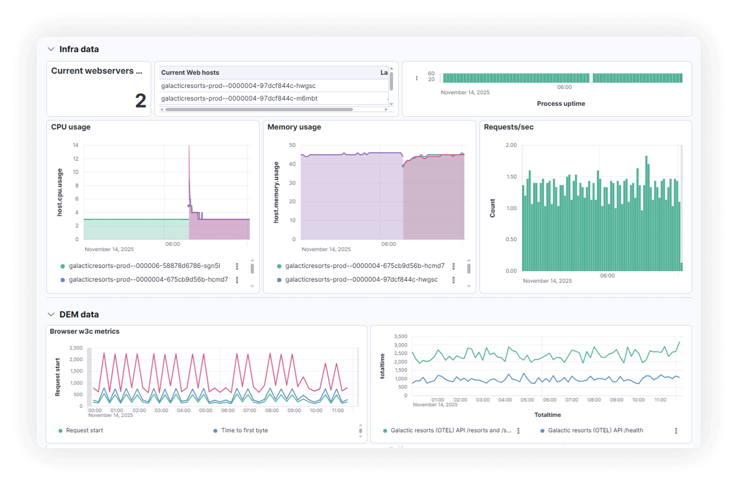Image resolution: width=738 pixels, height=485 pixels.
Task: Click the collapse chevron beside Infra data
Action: [x=51, y=49]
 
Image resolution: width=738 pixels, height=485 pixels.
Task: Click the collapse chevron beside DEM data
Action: [x=51, y=315]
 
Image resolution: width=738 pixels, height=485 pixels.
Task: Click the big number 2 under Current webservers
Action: [x=141, y=101]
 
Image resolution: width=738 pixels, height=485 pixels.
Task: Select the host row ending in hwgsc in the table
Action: [x=238, y=86]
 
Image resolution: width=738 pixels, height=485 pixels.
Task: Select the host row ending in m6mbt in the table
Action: [x=239, y=99]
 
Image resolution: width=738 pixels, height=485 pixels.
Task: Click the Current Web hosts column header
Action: [x=190, y=73]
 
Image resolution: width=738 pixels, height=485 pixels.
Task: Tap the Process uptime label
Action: [x=561, y=104]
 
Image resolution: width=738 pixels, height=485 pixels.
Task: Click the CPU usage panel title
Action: [x=71, y=127]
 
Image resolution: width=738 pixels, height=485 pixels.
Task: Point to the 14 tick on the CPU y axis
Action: [x=76, y=145]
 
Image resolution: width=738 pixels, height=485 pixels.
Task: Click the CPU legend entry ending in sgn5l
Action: [x=144, y=266]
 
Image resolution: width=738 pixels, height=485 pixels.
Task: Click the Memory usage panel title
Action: [x=294, y=127]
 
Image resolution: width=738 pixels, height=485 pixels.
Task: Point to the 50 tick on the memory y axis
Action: [x=292, y=145]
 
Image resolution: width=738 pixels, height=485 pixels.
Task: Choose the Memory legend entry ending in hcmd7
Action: [x=365, y=266]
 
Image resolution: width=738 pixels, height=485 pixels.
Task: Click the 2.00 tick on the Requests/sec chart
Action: [x=511, y=145]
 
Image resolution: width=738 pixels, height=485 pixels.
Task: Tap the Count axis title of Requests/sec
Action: [x=492, y=208]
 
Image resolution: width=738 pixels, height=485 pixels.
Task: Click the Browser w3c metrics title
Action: [x=84, y=332]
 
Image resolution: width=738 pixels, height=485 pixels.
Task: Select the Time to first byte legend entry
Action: [x=244, y=431]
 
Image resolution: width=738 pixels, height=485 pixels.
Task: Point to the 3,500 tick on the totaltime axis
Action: [x=401, y=337]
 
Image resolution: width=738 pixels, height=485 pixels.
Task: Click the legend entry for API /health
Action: [x=595, y=431]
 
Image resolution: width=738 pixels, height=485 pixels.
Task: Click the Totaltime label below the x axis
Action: [x=548, y=415]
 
